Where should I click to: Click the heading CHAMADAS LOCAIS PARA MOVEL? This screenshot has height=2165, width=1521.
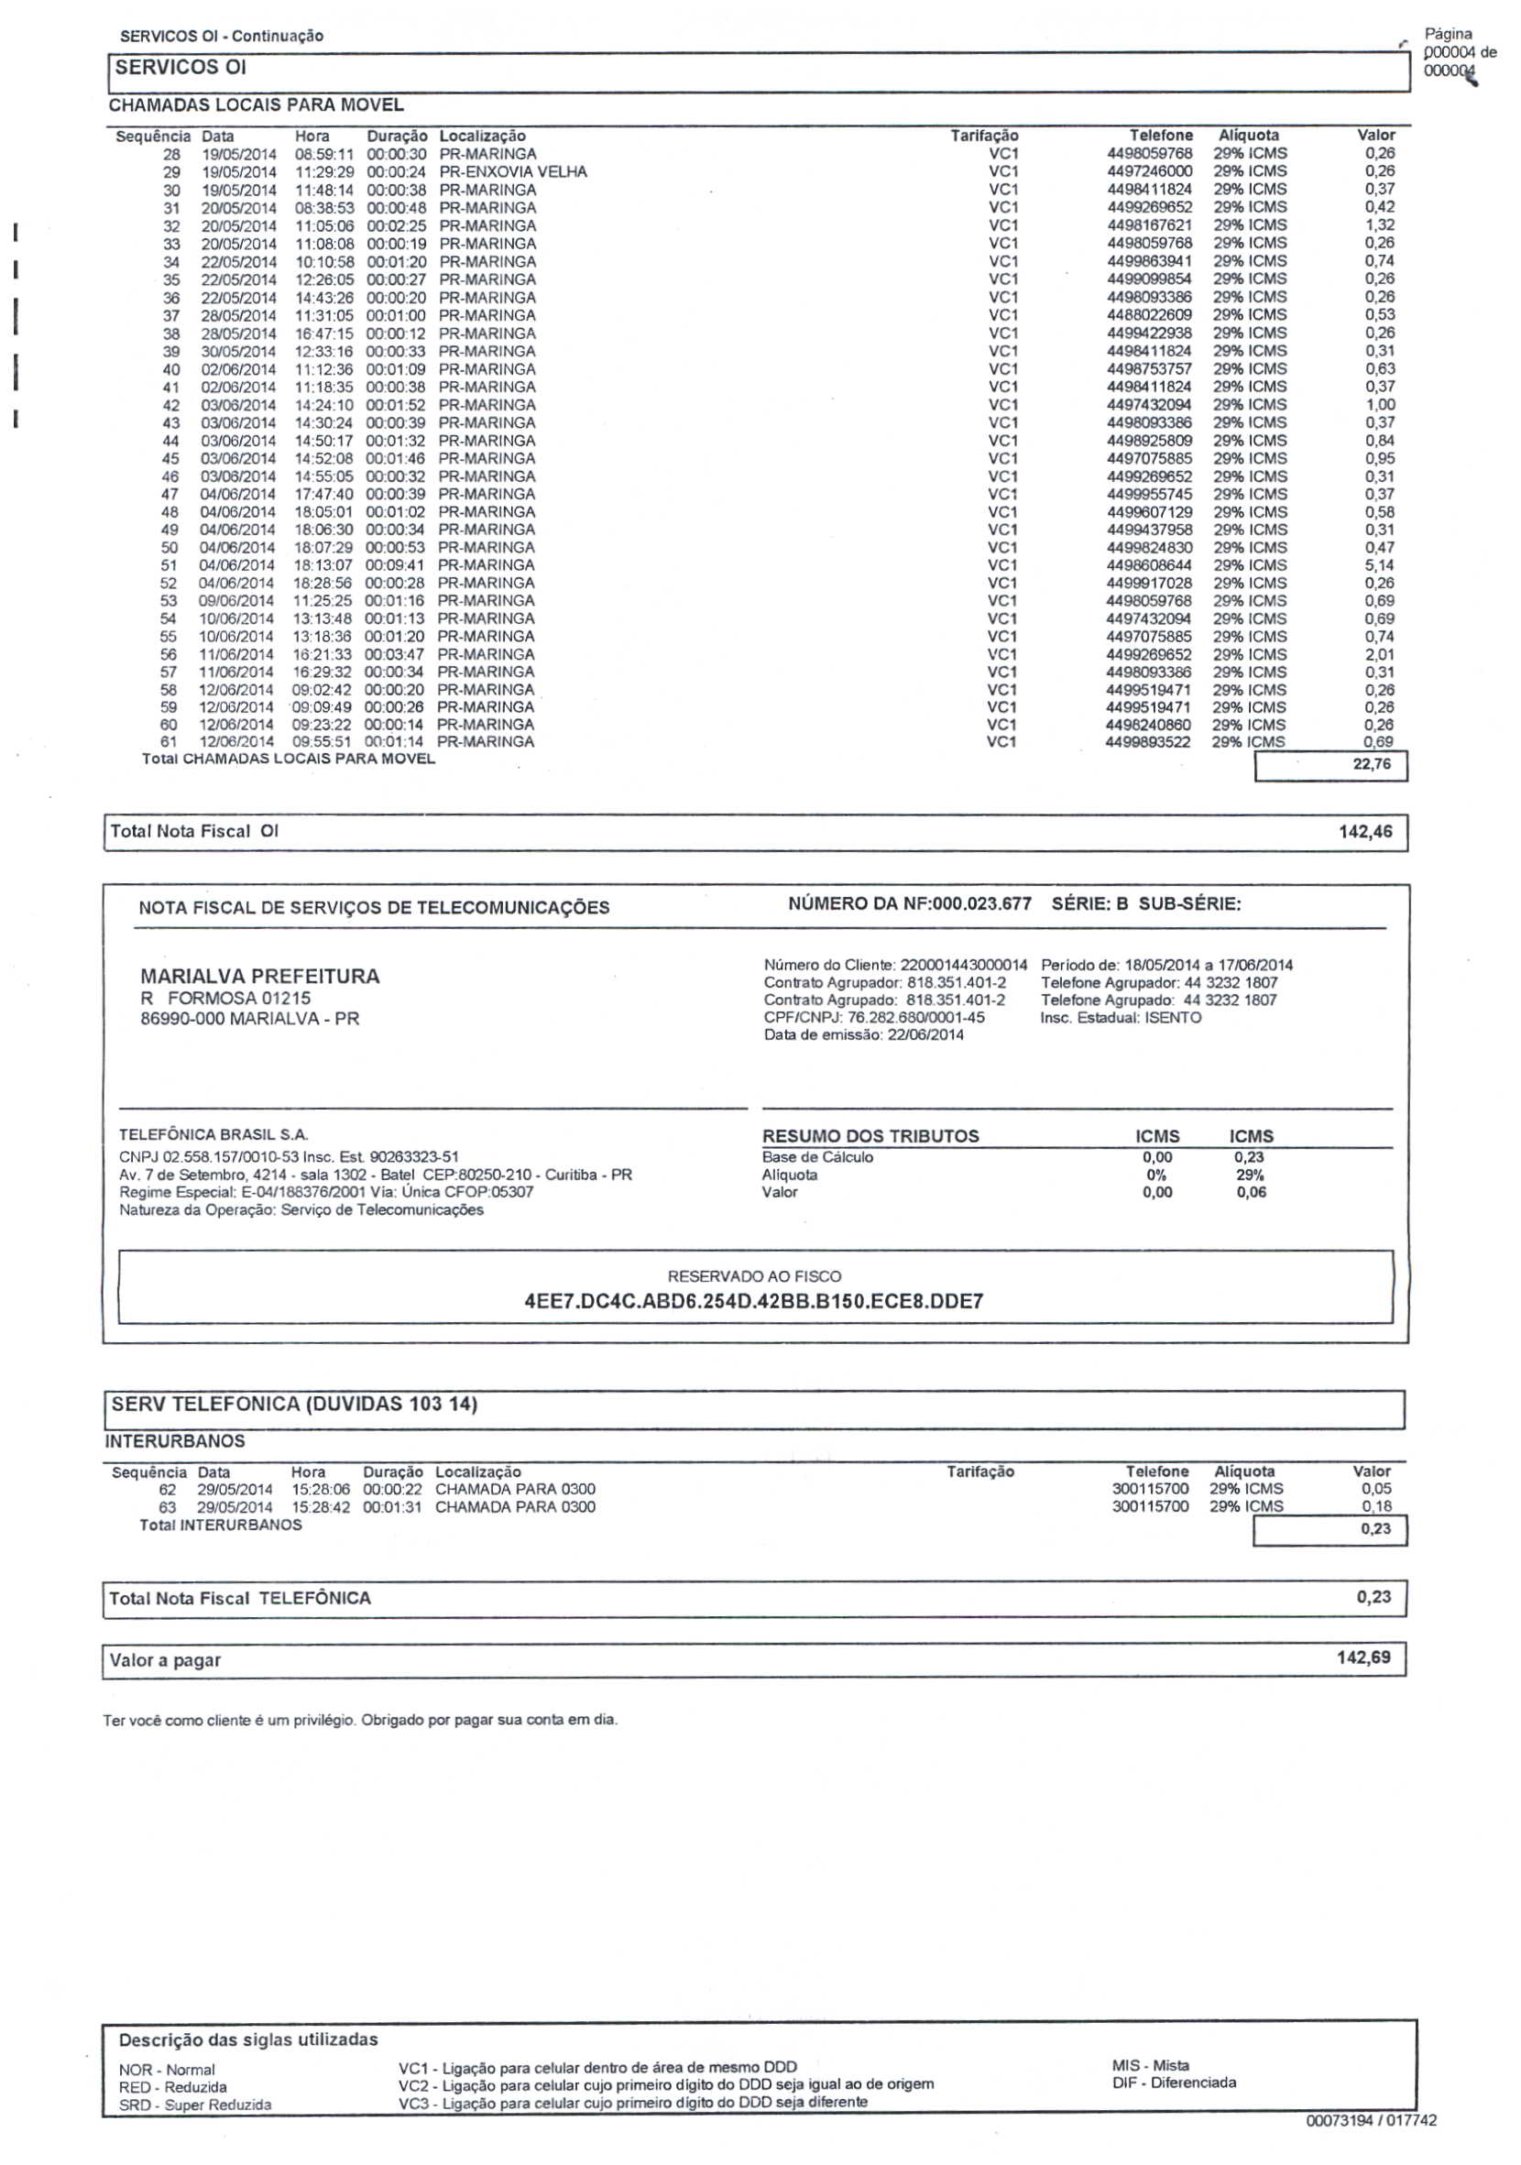point(256,104)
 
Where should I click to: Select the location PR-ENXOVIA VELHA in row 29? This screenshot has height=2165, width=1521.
point(512,171)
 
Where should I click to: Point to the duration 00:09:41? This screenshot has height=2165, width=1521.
point(395,564)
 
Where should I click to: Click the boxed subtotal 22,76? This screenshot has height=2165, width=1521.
point(1371,764)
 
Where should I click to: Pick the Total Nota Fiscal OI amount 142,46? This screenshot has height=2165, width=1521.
point(1364,832)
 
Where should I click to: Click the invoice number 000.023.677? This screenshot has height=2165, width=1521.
point(980,903)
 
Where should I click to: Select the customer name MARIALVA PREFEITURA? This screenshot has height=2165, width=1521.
point(259,976)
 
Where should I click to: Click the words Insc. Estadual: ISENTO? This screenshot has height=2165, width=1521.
point(1121,1017)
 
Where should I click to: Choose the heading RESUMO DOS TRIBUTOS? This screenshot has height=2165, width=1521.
point(870,1136)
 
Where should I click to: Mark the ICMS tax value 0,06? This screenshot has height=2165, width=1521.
point(1252,1192)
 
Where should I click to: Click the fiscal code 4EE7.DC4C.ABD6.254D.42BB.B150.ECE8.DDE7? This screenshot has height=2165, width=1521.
point(753,1301)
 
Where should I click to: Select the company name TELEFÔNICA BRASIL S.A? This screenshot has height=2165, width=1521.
point(213,1134)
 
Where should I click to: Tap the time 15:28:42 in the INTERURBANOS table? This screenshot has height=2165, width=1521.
point(321,1507)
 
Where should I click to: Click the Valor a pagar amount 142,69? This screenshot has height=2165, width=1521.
point(1362,1657)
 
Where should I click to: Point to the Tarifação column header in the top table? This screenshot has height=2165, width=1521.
point(983,136)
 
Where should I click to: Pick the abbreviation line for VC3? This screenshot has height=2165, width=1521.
point(632,2103)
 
